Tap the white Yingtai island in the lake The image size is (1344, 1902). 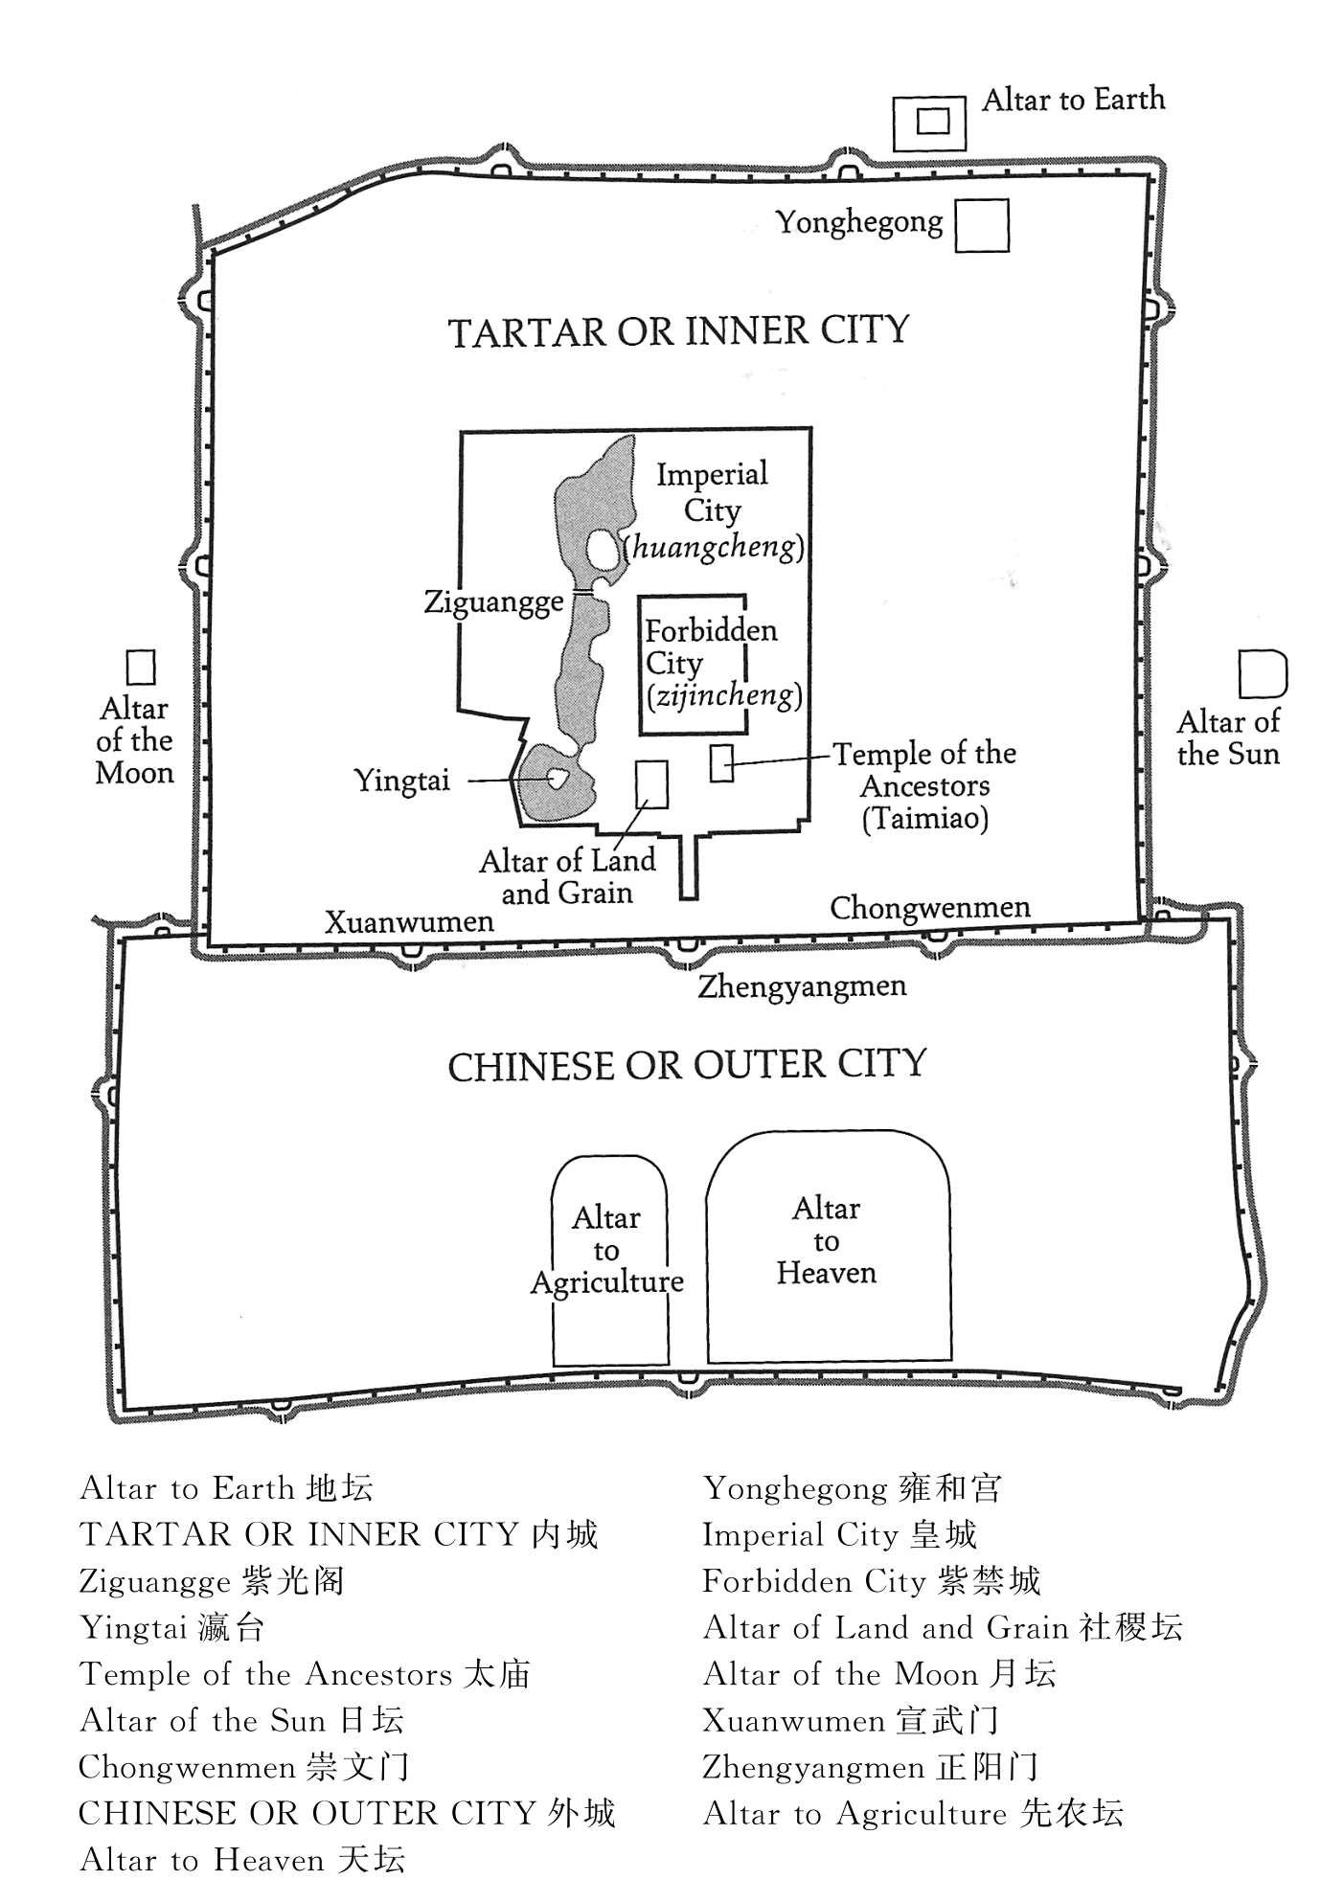[555, 778]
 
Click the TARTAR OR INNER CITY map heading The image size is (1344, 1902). [678, 331]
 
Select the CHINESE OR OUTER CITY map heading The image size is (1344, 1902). [687, 1065]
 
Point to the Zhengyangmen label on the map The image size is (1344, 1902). [802, 986]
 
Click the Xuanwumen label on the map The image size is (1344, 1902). [409, 921]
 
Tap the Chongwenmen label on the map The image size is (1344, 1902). [930, 907]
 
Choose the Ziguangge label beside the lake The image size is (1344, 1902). [494, 603]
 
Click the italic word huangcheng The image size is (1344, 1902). [716, 547]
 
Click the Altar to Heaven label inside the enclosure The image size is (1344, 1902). [827, 1240]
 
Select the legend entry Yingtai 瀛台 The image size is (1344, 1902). [172, 1628]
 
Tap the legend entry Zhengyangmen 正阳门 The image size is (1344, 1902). [870, 1767]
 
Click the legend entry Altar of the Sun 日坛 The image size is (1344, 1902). [242, 1720]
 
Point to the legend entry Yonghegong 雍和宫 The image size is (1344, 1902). [853, 1488]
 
